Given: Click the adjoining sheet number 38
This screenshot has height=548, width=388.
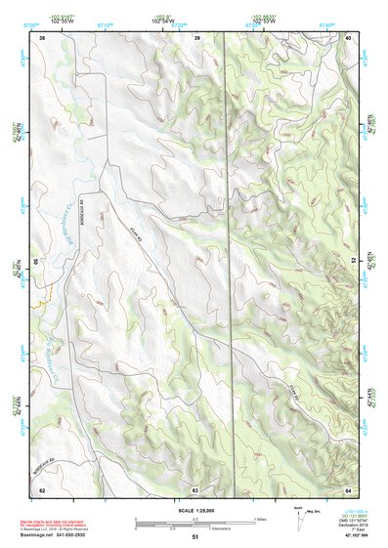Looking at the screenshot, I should point(42,37).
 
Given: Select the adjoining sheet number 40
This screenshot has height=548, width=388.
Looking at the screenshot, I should point(349,37).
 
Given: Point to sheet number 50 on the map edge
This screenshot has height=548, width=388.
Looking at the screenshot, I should point(36,263).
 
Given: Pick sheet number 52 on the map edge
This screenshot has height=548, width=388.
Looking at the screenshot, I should point(353,263).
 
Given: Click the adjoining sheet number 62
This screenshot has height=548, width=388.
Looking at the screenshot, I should point(42,488).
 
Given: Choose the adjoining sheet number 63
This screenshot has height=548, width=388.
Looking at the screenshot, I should point(195,488).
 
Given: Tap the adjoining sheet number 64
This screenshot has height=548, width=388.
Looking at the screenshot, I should point(349,488).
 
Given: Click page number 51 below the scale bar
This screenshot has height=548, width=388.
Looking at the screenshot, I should point(195,537).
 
